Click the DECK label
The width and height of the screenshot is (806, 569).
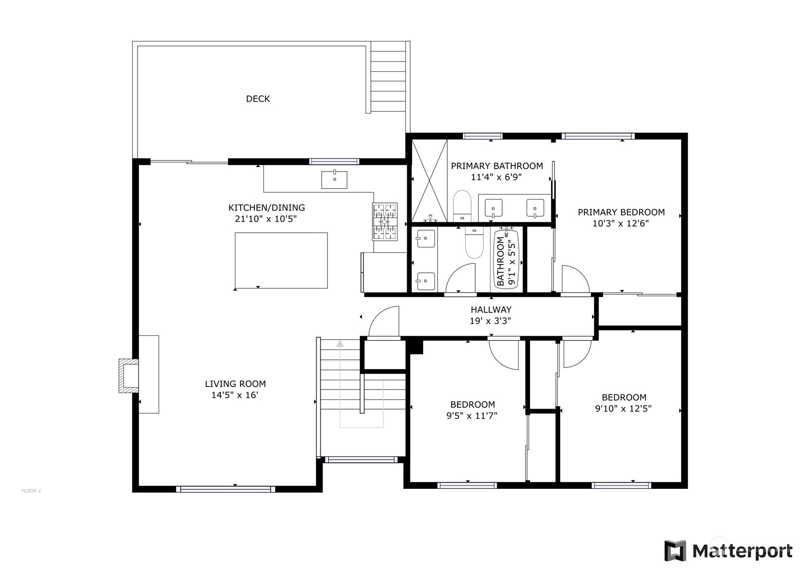tap(257, 99)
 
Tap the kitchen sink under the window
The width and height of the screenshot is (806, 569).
tap(334, 180)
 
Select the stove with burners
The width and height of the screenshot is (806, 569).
tap(385, 222)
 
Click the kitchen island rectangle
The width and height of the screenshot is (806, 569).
tap(281, 261)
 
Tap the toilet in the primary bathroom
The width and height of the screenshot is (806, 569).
tap(461, 206)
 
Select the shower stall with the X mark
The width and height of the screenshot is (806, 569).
tap(429, 180)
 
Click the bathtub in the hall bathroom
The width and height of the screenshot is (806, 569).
tap(507, 258)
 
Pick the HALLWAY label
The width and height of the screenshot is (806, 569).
tap(491, 309)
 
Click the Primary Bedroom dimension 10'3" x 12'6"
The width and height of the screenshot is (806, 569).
tap(621, 223)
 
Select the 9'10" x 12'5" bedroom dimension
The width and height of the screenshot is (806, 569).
tap(623, 409)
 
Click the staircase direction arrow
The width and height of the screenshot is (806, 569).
tap(340, 344)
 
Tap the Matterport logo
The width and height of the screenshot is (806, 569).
tap(728, 551)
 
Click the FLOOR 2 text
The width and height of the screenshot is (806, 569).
tap(31, 490)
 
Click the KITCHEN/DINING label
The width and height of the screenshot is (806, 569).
tap(266, 207)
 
